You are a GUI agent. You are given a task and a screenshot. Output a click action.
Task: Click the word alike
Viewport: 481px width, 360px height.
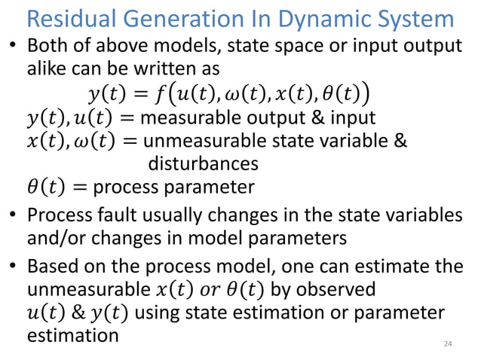(x=46, y=69)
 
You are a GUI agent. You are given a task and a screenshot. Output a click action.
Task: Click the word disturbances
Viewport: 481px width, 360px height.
(x=203, y=163)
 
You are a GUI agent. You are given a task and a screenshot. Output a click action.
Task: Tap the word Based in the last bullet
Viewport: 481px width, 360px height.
(x=52, y=267)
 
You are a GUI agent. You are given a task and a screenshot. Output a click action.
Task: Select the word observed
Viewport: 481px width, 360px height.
(x=334, y=290)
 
